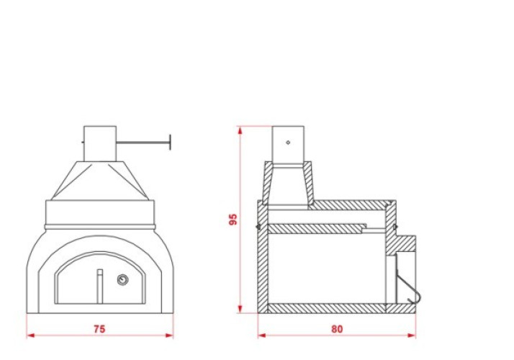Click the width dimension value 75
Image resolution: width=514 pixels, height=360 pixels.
pos(99,328)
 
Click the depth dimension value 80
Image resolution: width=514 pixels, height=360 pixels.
pos(337,329)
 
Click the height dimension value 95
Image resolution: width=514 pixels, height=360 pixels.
pos(233,220)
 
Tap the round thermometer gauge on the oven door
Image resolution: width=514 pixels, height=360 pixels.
pos(122,279)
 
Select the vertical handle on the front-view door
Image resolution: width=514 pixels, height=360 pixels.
pos(100,287)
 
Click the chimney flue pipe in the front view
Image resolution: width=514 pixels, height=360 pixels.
pos(100,143)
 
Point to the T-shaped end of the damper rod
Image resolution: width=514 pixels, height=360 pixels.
pos(170,143)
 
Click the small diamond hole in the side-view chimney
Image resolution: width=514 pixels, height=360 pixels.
pos(288,143)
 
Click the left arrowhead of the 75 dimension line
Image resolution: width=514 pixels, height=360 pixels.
pos(30,336)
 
